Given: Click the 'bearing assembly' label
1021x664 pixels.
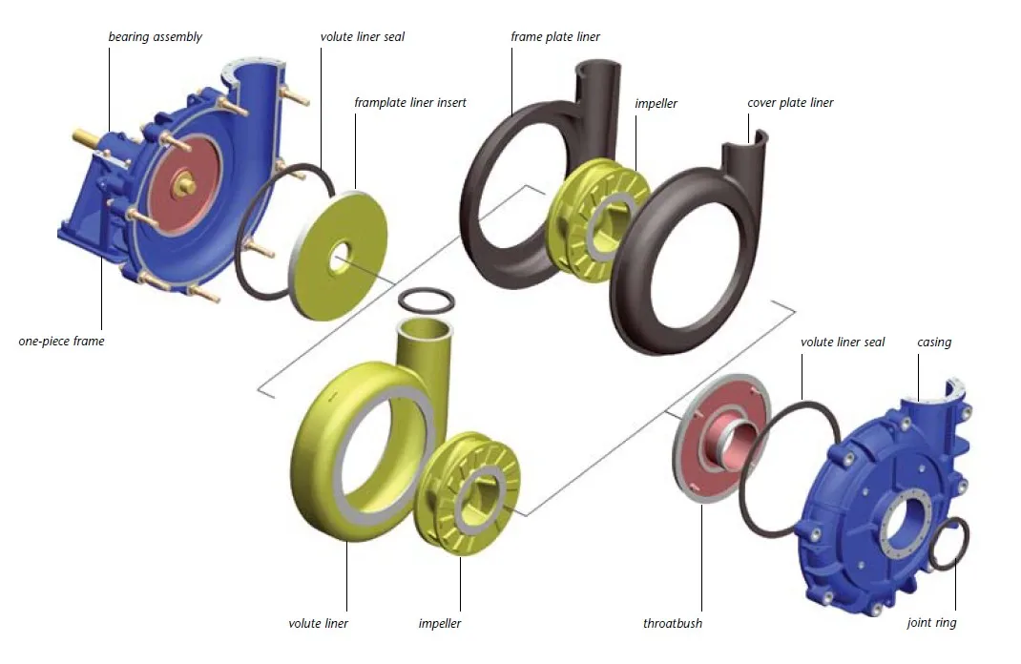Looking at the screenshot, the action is point(155,37).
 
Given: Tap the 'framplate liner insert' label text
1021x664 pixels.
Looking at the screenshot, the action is point(410,102).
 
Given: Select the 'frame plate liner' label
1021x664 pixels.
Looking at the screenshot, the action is point(555,37).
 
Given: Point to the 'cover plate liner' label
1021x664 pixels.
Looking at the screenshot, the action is point(790,103).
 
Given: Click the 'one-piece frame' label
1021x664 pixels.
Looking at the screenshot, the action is point(61,341).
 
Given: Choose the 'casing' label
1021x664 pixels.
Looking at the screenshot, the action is point(934,342).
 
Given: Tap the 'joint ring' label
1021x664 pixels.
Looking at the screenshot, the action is point(931,623).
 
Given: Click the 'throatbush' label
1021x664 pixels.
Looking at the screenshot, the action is point(673,623).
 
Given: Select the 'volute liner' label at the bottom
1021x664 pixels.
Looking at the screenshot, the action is point(319,623).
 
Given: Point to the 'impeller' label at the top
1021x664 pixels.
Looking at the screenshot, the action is point(656,103).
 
